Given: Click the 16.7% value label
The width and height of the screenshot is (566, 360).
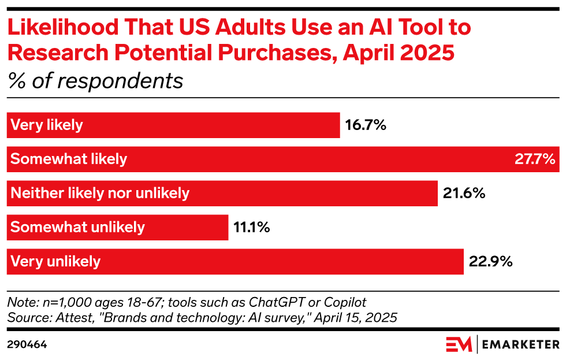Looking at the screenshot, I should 366,125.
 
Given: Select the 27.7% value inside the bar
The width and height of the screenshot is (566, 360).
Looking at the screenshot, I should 535,159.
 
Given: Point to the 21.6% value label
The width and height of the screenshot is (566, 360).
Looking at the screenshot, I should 464,193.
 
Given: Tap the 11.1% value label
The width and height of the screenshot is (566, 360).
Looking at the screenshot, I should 252,227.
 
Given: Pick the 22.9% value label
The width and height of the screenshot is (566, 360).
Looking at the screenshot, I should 490,261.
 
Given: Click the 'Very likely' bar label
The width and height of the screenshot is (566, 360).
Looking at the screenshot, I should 47,125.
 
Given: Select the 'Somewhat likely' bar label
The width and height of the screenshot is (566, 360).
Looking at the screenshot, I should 69,159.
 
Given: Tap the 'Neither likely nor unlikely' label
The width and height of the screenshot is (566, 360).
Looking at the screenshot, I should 100,193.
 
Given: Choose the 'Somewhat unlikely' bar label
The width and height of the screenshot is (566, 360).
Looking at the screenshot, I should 77,227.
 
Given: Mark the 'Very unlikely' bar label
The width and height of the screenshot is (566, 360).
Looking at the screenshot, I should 55,261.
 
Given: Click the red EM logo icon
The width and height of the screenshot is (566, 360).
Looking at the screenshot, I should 459,344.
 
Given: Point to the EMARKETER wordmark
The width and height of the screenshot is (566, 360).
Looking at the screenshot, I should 521,345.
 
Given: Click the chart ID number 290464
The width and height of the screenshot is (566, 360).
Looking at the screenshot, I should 27,344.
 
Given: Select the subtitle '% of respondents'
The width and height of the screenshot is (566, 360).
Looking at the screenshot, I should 95,81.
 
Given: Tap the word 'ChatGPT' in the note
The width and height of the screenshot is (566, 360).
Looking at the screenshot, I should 269,303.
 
